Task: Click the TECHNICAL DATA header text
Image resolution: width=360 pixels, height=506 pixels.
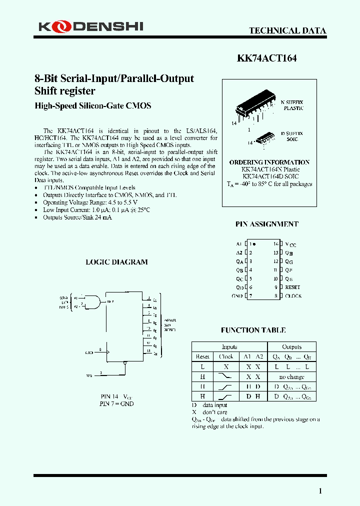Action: tap(287, 31)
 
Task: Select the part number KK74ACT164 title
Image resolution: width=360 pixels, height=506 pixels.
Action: tap(266, 58)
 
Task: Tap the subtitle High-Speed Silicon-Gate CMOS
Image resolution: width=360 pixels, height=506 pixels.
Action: tap(92, 106)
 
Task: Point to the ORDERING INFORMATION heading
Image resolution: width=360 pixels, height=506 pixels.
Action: tap(269, 162)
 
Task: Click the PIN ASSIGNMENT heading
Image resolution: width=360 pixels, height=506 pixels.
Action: tap(266, 224)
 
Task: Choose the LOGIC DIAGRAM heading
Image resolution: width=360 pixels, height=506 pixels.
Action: tap(116, 262)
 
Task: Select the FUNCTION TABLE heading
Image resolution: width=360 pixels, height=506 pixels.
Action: tap(253, 330)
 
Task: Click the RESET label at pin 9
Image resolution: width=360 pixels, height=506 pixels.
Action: tap(292, 287)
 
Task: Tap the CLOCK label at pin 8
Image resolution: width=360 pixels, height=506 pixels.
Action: tap(293, 296)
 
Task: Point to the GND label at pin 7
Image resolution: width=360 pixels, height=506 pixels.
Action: tap(237, 296)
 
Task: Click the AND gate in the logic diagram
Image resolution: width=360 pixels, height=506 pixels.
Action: tap(92, 302)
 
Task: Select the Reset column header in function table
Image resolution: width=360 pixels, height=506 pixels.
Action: tap(202, 356)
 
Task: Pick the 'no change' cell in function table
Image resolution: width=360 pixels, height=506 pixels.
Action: tap(291, 376)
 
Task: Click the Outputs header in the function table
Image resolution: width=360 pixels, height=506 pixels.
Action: tap(291, 347)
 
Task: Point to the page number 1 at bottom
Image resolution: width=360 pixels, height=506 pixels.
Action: tap(320, 491)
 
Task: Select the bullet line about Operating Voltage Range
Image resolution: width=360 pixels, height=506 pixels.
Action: tap(90, 202)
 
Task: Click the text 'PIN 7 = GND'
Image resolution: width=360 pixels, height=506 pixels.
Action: tap(116, 403)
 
